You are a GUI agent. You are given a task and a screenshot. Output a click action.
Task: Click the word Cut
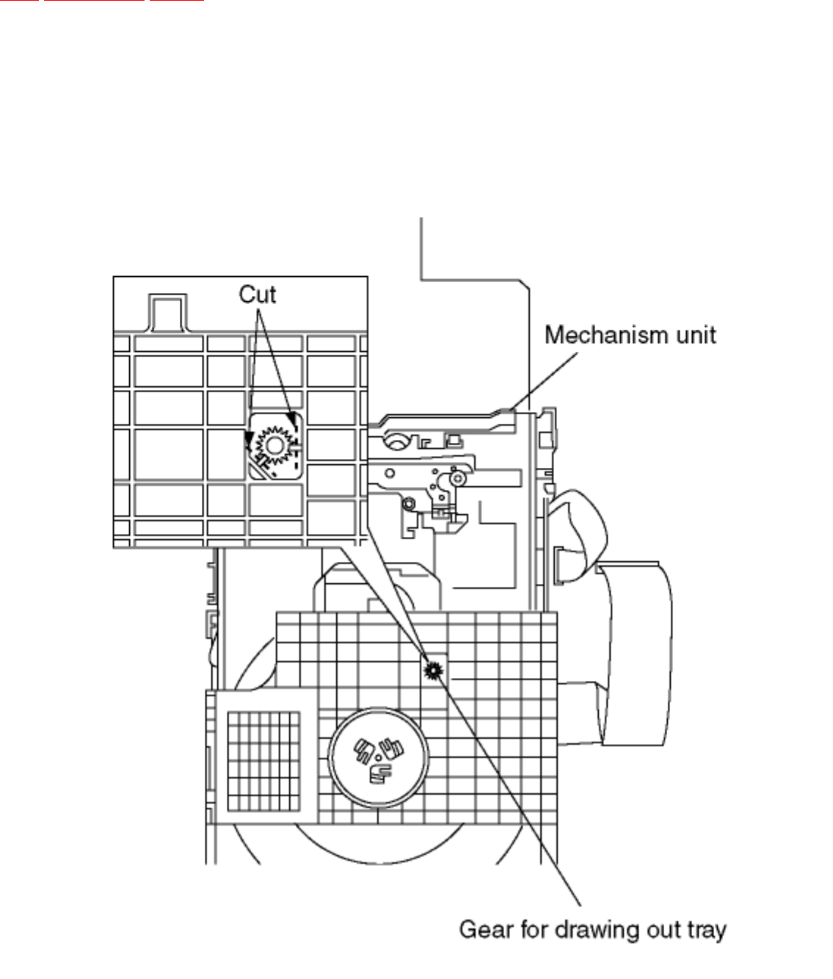click(257, 295)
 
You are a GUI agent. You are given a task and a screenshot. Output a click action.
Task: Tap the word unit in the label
click(695, 336)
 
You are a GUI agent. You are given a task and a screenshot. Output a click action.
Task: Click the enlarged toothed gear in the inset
click(274, 445)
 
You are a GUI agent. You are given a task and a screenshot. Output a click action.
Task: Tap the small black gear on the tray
click(434, 669)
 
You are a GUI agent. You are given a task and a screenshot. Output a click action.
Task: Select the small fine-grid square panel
click(263, 761)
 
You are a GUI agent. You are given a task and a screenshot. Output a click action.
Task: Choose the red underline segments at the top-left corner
click(103, 1)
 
